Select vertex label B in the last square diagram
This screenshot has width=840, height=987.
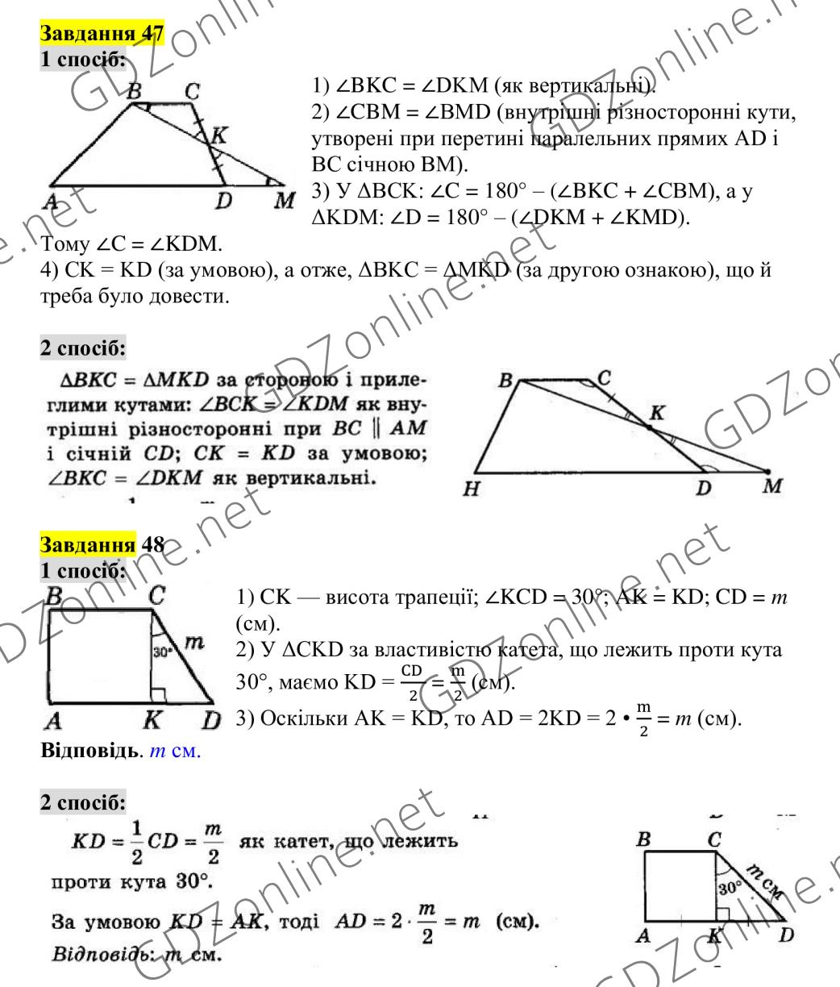[x=644, y=843]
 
